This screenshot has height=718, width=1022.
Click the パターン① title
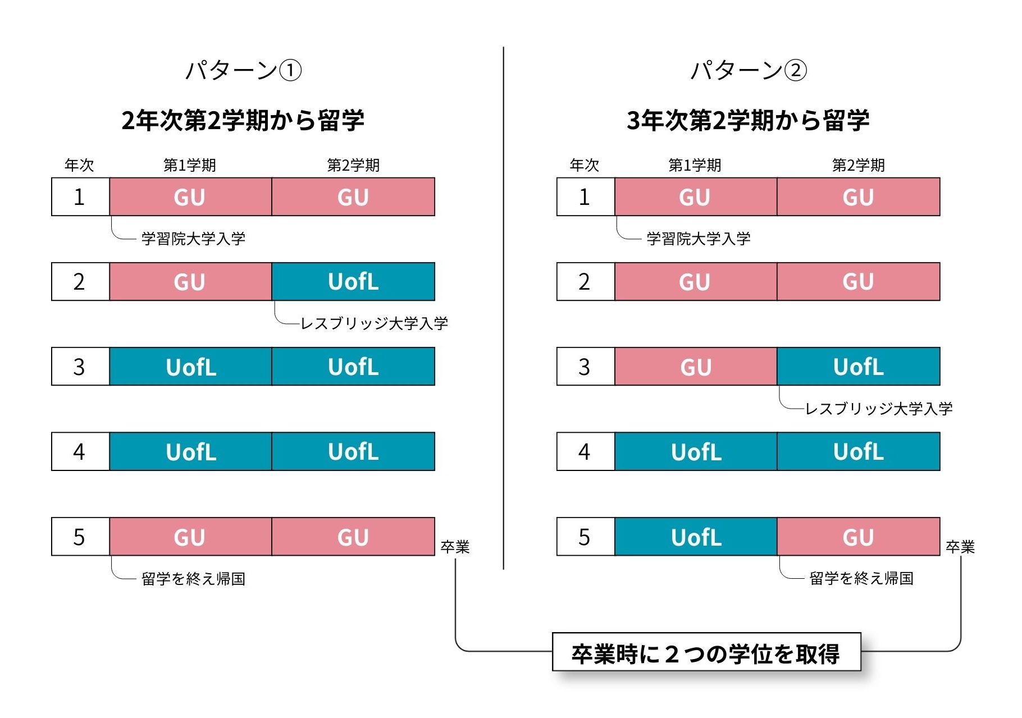click(243, 71)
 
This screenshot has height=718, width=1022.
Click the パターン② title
click(749, 71)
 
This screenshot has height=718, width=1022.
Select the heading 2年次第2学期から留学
click(243, 120)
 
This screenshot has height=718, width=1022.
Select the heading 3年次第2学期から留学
click(749, 120)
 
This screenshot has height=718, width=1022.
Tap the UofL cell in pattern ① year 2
click(353, 282)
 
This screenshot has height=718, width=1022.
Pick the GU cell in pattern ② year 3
click(696, 367)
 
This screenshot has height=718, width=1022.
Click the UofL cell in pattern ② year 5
click(696, 537)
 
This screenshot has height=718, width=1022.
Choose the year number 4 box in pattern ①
click(80, 451)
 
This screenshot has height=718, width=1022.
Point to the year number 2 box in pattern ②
click(586, 282)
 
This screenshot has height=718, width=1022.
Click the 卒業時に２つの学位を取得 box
click(706, 652)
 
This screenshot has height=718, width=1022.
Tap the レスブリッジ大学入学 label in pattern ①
click(375, 323)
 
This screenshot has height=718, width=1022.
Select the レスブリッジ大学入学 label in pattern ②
click(879, 409)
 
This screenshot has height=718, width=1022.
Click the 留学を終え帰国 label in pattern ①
click(194, 579)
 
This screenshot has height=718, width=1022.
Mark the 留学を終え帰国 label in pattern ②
click(862, 578)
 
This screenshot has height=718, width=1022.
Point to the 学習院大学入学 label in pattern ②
click(699, 239)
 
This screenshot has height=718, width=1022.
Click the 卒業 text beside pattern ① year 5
click(455, 547)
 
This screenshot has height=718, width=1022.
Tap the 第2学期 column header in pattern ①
click(353, 165)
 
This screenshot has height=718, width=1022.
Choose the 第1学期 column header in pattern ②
click(695, 165)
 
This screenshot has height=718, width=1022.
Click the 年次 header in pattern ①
click(79, 165)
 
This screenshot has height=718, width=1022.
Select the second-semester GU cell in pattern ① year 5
click(353, 537)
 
